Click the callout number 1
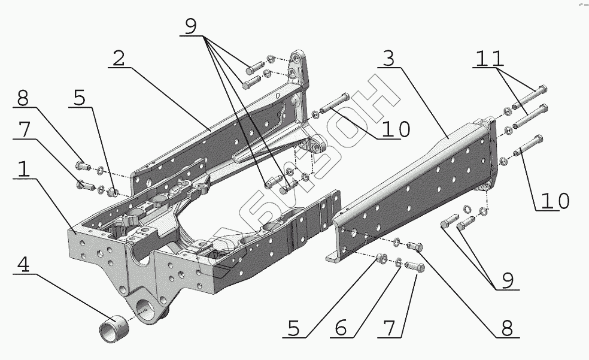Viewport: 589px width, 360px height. [23, 169]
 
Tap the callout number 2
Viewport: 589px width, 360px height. [119, 59]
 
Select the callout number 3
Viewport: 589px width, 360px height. [389, 58]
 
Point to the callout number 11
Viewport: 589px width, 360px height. [490, 59]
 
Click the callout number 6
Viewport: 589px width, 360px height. [341, 328]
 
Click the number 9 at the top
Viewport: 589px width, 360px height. [190, 27]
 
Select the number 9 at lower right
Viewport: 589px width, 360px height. [508, 281]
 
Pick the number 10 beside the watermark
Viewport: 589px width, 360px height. [396, 130]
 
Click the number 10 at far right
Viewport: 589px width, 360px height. [556, 201]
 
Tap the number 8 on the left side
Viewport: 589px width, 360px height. [23, 98]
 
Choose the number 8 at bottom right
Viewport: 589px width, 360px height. [507, 328]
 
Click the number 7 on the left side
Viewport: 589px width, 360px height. [24, 129]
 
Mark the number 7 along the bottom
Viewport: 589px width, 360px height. [390, 328]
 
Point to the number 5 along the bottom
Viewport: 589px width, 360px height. [293, 328]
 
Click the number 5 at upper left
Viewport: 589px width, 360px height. [79, 98]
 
